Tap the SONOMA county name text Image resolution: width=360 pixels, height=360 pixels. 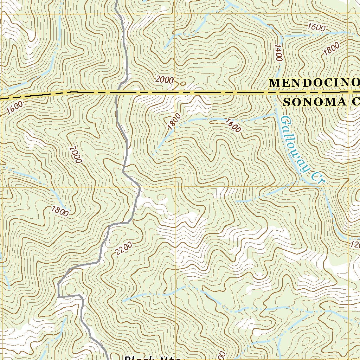321,102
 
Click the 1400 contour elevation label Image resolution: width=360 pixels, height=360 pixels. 279,53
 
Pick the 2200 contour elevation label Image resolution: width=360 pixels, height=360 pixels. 123,249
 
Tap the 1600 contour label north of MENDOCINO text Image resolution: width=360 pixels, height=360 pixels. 316,27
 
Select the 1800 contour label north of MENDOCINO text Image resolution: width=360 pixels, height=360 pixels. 331,49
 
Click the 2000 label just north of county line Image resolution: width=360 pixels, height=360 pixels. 164,80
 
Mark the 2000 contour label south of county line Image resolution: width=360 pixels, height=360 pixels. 75,155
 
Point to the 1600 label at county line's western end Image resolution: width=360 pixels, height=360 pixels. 14,106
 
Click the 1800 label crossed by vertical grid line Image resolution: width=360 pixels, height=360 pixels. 174,122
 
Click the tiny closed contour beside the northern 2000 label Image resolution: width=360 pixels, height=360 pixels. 182,84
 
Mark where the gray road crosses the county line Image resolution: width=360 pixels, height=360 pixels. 117,93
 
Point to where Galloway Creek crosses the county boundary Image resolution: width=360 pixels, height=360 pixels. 275,93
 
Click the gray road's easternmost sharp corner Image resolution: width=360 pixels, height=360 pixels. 140,188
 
